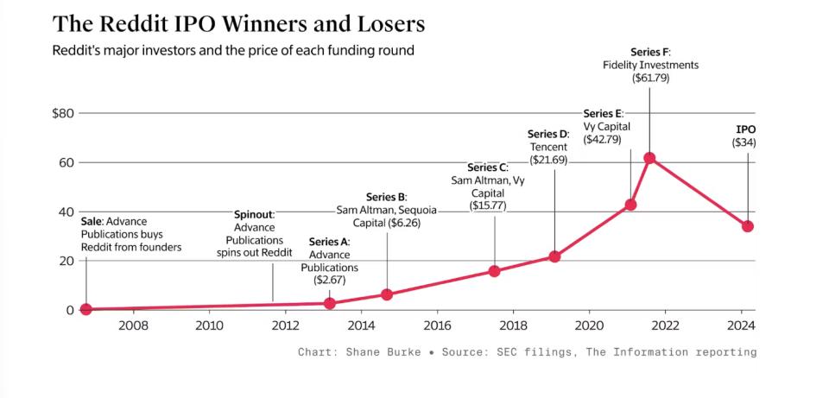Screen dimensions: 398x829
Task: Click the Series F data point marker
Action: [x=649, y=158]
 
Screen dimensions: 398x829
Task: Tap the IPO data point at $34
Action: [x=748, y=226]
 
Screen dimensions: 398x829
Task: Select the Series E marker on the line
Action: [x=630, y=205]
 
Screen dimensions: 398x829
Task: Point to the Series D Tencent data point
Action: [x=554, y=256]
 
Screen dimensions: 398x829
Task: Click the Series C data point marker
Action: [x=494, y=270]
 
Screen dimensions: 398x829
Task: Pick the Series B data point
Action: [x=387, y=294]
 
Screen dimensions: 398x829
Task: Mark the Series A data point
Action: [x=329, y=303]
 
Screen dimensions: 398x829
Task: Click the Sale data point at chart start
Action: [x=85, y=309]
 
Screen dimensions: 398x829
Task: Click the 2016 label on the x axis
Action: [x=437, y=325]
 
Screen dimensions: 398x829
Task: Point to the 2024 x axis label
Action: [x=741, y=325]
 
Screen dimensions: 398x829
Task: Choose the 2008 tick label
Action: [x=133, y=325]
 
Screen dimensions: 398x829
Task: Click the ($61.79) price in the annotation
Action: [x=650, y=78]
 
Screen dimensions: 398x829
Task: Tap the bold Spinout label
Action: [x=254, y=214]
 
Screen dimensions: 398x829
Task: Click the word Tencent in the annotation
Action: [x=548, y=147]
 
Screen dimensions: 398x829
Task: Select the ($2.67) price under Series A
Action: [x=329, y=280]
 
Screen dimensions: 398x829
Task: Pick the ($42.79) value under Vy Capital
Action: [x=606, y=139]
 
